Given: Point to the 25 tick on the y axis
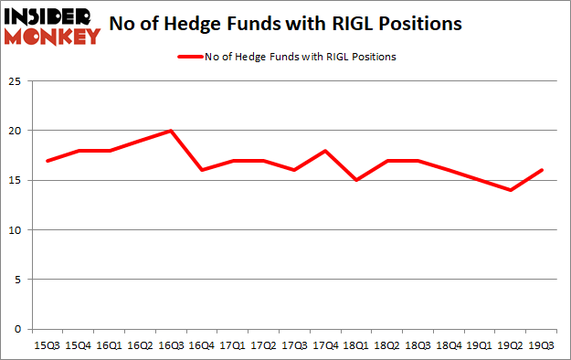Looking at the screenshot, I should click(16, 82).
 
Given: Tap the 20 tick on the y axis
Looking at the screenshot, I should click(16, 132).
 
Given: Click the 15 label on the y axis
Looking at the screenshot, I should click(16, 181).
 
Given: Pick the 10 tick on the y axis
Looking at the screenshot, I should click(16, 230).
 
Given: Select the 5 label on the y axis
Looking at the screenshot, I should click(18, 280).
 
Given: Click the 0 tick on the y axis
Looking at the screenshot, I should click(18, 329).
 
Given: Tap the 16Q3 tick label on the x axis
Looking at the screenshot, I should click(171, 346).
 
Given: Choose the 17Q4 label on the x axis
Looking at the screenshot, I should click(326, 346).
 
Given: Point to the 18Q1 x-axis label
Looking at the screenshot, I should click(356, 346).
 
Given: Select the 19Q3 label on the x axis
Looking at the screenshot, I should click(542, 346).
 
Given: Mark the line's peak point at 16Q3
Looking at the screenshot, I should click(171, 131).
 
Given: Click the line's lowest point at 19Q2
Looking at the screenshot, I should click(511, 190).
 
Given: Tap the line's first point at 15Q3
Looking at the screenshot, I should click(47, 161).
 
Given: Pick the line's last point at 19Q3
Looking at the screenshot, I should click(542, 170).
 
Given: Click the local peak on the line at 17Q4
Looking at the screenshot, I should click(326, 151).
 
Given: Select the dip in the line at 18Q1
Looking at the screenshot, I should click(356, 180).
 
